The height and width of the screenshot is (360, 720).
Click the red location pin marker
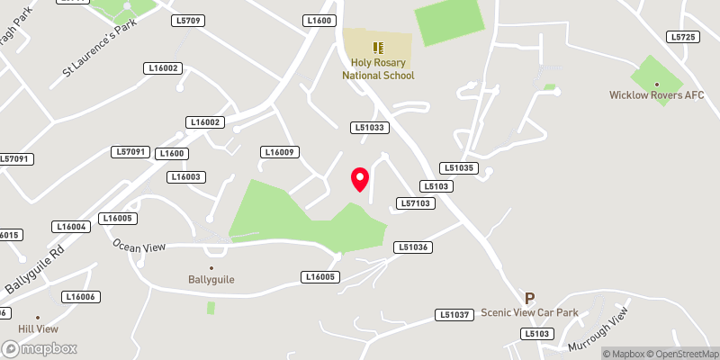click(x=360, y=179)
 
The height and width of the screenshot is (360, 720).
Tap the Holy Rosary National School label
click(x=378, y=69)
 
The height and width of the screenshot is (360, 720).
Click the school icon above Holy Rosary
click(x=378, y=46)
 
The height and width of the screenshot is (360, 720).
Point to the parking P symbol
click(x=530, y=298)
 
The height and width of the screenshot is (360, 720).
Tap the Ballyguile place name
click(x=211, y=279)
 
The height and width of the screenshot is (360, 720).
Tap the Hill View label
click(x=38, y=329)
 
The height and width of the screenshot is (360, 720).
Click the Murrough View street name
click(x=597, y=330)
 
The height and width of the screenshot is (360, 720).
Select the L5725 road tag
click(x=683, y=37)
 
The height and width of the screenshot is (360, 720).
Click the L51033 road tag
click(x=370, y=128)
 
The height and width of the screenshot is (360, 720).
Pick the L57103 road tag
click(x=417, y=203)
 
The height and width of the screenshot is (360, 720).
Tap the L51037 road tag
click(x=454, y=314)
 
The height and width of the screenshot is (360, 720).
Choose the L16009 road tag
click(x=280, y=152)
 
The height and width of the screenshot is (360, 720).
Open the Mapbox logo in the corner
click(x=40, y=348)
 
